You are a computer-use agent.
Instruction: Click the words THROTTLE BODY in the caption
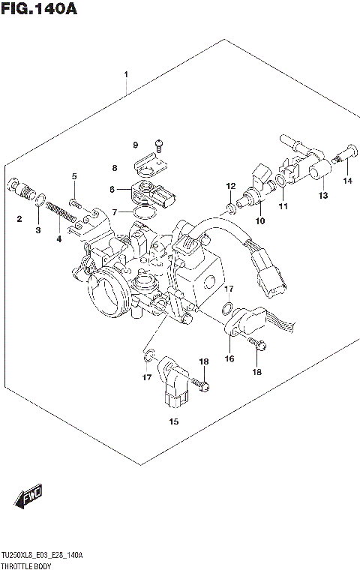(27, 564)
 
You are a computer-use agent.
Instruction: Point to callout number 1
(126, 74)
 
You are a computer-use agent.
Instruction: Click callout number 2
(19, 218)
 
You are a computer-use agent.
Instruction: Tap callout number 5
(74, 176)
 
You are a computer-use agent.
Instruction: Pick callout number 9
(136, 144)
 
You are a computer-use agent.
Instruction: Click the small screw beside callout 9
(158, 142)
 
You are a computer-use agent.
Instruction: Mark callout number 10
(260, 220)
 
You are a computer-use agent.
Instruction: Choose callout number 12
(231, 185)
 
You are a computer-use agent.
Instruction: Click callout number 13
(322, 196)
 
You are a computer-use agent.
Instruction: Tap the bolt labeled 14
(343, 162)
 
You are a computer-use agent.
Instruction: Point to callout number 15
(173, 421)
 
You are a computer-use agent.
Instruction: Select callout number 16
(229, 358)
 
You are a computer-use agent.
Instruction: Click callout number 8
(115, 168)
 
